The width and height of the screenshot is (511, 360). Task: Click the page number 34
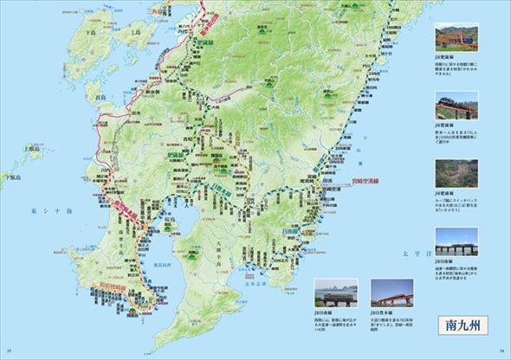point(501,350)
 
